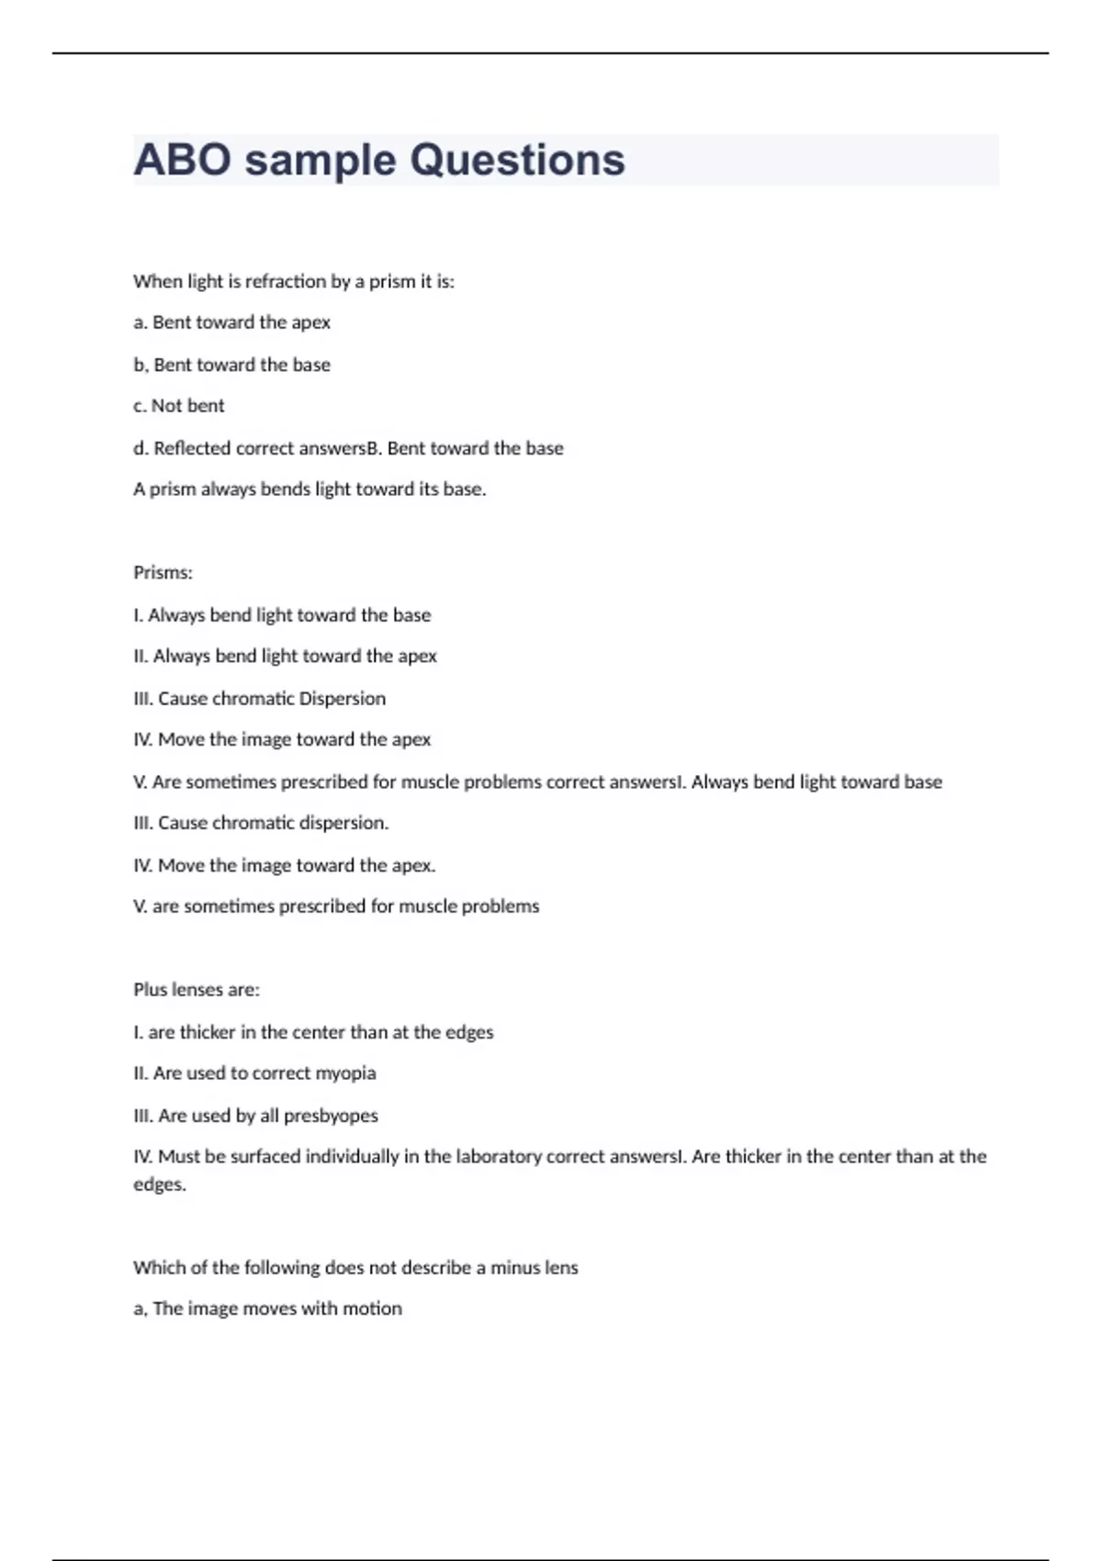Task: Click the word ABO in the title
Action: [x=183, y=160]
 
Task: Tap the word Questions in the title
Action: [x=517, y=160]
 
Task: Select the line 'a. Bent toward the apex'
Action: [x=231, y=322]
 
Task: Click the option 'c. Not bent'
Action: [x=179, y=406]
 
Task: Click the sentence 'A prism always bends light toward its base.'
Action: [x=309, y=489]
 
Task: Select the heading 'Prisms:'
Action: [x=163, y=573]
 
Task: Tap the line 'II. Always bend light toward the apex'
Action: [x=285, y=657]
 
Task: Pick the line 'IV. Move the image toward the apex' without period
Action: [x=282, y=740]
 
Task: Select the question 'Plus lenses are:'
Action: [x=197, y=990]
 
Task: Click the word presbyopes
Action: [x=331, y=1116]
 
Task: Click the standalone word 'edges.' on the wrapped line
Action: [x=160, y=1185]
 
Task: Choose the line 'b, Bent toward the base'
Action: [x=231, y=365]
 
